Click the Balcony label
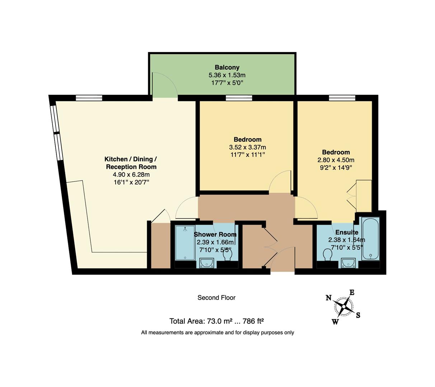(227, 67)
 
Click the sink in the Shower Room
(207, 264)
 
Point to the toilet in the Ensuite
(327, 255)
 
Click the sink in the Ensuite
(348, 264)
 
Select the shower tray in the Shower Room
(185, 243)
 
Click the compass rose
(344, 306)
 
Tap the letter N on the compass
(328, 298)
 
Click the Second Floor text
(216, 297)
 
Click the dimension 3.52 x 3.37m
(247, 147)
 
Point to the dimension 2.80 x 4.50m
(336, 160)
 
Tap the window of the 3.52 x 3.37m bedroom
(239, 97)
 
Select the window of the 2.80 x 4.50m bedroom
(342, 97)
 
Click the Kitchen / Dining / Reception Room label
(131, 163)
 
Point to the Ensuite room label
(347, 232)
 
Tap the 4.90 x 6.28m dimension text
(131, 175)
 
